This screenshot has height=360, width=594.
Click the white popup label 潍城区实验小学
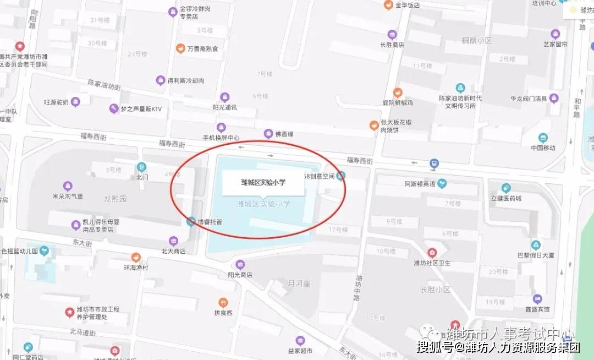tap(263, 182)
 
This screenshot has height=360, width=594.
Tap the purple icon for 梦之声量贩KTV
tap(114, 109)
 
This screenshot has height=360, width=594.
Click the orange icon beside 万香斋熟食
tap(180, 48)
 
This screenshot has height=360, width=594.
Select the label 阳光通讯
tap(225, 107)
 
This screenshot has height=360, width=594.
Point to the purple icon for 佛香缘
tap(268, 133)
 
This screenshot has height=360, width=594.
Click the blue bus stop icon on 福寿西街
tap(435, 163)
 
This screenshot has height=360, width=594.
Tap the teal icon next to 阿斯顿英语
tap(442, 183)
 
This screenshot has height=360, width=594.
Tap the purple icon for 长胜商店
tap(392, 35)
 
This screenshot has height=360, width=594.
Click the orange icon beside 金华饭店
tap(388, 5)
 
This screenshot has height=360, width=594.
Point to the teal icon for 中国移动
tap(543, 138)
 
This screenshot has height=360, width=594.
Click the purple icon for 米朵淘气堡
tap(68, 186)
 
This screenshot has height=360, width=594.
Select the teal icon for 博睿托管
tap(191, 222)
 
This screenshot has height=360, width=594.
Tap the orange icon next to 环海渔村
tap(136, 257)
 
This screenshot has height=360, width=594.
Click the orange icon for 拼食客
tap(223, 302)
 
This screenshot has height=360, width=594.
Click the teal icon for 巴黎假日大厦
tap(536, 245)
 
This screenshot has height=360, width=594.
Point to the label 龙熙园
tap(115, 198)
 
